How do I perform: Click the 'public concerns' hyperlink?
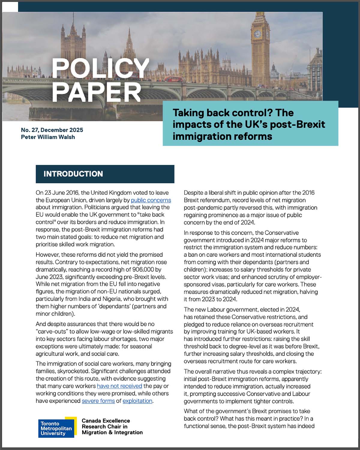151,200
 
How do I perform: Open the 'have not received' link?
119,386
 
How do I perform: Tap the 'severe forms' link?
98,401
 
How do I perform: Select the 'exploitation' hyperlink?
137,401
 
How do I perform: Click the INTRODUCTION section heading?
73,174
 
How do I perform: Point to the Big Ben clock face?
257,34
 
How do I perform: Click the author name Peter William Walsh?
48,137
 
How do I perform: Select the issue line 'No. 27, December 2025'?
52,130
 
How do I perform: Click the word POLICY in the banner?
100,69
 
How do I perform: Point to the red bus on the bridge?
173,79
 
